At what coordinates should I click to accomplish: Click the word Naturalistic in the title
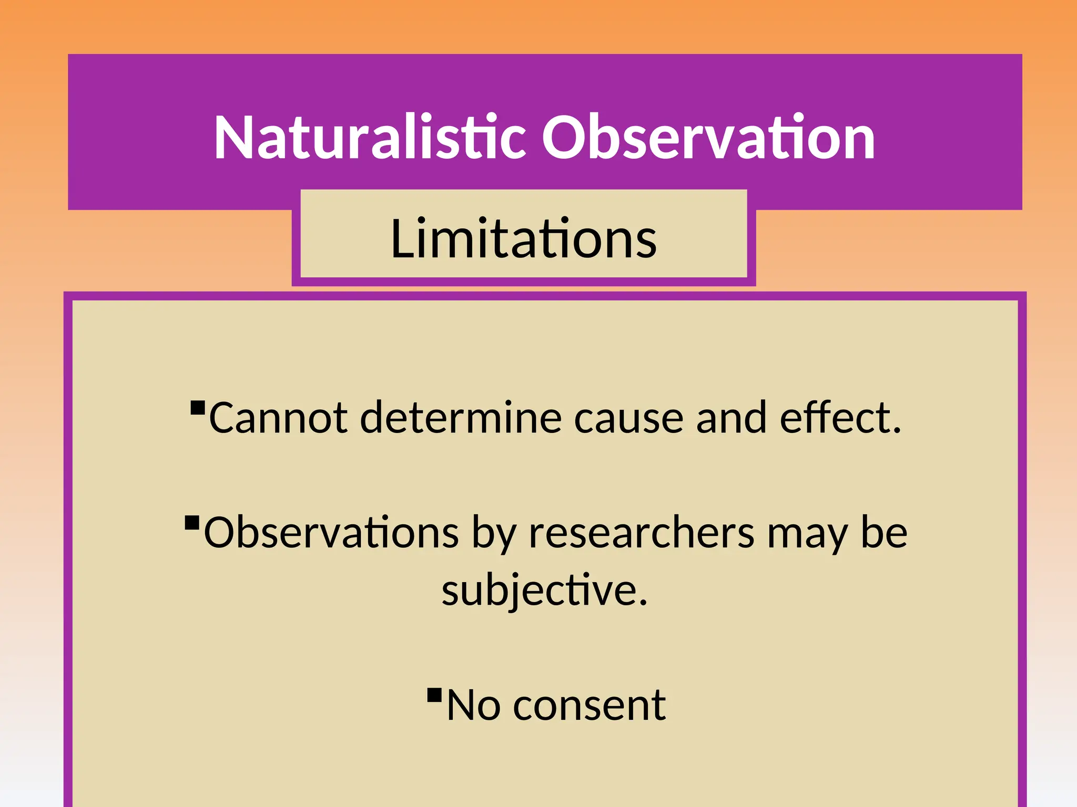[370, 138]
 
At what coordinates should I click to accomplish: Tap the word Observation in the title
[708, 138]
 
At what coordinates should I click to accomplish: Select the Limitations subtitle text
[524, 239]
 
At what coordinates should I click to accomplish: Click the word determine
[461, 418]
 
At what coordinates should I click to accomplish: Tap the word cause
[628, 418]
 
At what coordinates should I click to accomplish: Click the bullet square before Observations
[192, 523]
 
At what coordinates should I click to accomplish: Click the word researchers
[642, 533]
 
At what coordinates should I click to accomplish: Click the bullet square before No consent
[434, 695]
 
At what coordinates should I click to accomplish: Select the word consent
[589, 706]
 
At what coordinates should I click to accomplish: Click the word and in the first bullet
[731, 418]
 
